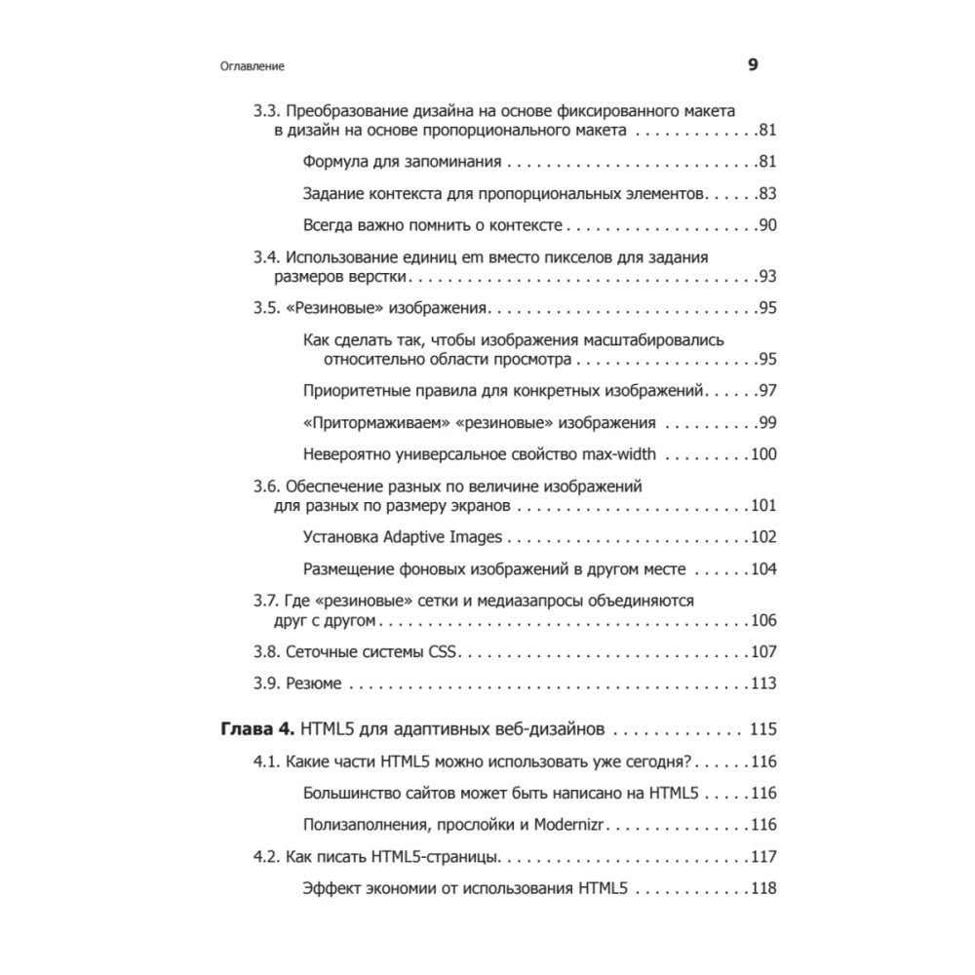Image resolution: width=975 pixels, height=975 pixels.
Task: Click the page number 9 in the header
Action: pyautogui.click(x=752, y=65)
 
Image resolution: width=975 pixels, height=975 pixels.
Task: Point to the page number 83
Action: pyautogui.click(x=766, y=194)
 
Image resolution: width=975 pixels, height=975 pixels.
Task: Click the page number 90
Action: pyautogui.click(x=766, y=226)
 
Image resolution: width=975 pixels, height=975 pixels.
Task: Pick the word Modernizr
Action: pyautogui.click(x=569, y=824)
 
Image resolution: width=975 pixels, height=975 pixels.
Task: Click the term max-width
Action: pyautogui.click(x=619, y=454)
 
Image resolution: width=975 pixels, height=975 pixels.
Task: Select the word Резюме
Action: pyautogui.click(x=314, y=683)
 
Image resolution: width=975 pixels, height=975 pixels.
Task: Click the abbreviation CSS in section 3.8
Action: pyautogui.click(x=443, y=652)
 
